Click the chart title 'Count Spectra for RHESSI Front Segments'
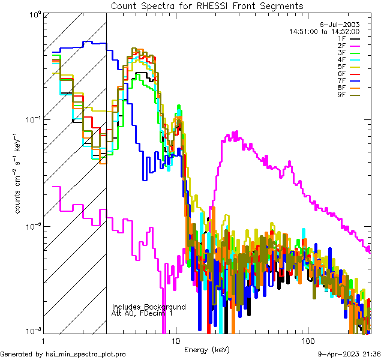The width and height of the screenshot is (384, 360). click(207, 6)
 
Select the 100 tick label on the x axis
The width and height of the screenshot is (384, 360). click(307, 341)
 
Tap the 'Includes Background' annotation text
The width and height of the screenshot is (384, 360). click(148, 307)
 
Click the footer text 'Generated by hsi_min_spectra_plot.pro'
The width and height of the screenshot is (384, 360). click(63, 354)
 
